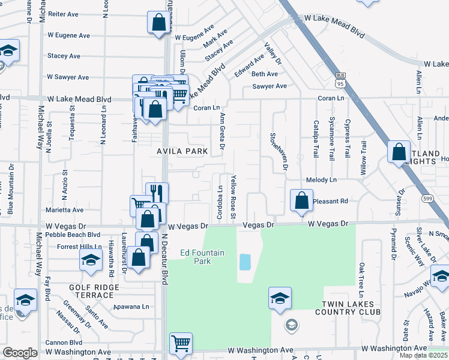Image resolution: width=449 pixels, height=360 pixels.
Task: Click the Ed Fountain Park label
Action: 203,257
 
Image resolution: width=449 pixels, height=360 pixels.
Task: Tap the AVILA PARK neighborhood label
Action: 182,151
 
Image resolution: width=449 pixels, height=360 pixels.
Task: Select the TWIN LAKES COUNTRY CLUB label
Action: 351,308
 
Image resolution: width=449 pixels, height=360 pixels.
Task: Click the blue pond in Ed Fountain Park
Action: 245,262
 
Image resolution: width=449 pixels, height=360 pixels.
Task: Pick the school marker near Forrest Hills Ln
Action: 91,259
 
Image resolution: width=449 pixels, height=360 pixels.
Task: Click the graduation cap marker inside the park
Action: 280,298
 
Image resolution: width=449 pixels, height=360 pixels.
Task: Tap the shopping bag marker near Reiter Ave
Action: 158,23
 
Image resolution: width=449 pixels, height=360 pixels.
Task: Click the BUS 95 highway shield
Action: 340,76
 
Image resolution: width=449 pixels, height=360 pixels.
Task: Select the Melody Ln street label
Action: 321,180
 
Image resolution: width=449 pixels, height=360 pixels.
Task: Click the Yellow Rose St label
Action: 234,197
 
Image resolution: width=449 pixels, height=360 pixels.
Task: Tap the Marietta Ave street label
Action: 65,211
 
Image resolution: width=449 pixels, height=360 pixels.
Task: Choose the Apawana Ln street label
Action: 131,306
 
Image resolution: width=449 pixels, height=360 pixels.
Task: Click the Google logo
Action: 20,353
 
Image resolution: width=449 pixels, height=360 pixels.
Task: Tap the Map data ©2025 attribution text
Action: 423,355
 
